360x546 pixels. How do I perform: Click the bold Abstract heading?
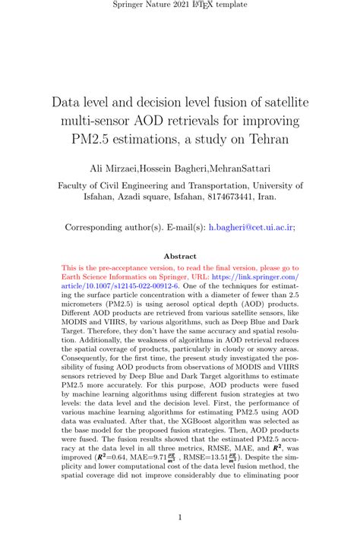tap(180, 256)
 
